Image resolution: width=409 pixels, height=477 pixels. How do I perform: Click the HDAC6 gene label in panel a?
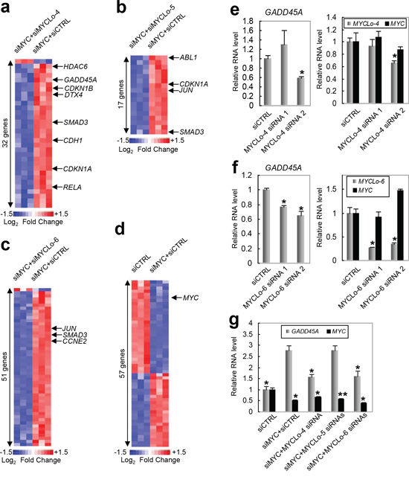tap(75, 66)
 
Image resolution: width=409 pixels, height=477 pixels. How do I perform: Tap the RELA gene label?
tap(72, 187)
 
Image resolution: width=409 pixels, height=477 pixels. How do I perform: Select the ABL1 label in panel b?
tap(188, 57)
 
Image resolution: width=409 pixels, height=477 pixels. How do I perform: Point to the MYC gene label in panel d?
tap(190, 298)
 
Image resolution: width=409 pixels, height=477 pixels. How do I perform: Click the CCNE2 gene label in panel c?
tap(74, 342)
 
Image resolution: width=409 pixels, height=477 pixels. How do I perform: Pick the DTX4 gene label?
tap(74, 95)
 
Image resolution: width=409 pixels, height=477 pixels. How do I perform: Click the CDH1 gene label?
tap(73, 141)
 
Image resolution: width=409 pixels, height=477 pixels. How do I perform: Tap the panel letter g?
tap(234, 321)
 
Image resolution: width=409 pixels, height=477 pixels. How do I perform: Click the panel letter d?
tap(120, 228)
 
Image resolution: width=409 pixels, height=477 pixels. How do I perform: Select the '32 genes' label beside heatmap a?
tap(5, 133)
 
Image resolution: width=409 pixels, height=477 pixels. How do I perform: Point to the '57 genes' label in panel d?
tap(122, 363)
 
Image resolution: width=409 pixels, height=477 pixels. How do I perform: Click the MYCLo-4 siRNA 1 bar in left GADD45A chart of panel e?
tap(284, 75)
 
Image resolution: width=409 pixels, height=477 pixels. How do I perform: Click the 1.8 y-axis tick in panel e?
tap(248, 21)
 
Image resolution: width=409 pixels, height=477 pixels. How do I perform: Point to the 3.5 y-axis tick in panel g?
tap(248, 334)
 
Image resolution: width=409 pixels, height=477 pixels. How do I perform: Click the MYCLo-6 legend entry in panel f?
tap(369, 182)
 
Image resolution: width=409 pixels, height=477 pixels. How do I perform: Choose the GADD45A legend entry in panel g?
tap(302, 331)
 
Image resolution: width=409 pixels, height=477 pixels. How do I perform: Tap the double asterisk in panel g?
tap(343, 394)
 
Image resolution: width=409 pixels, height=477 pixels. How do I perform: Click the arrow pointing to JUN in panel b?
tap(173, 91)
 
